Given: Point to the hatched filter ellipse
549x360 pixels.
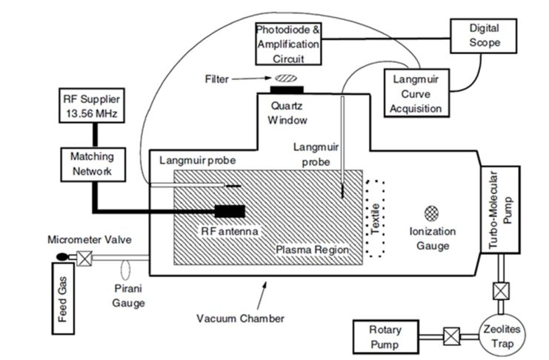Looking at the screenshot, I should [x=285, y=77].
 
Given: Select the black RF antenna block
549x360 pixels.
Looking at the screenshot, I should [x=230, y=211].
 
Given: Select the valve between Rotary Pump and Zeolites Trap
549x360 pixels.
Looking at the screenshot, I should [x=448, y=335].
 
